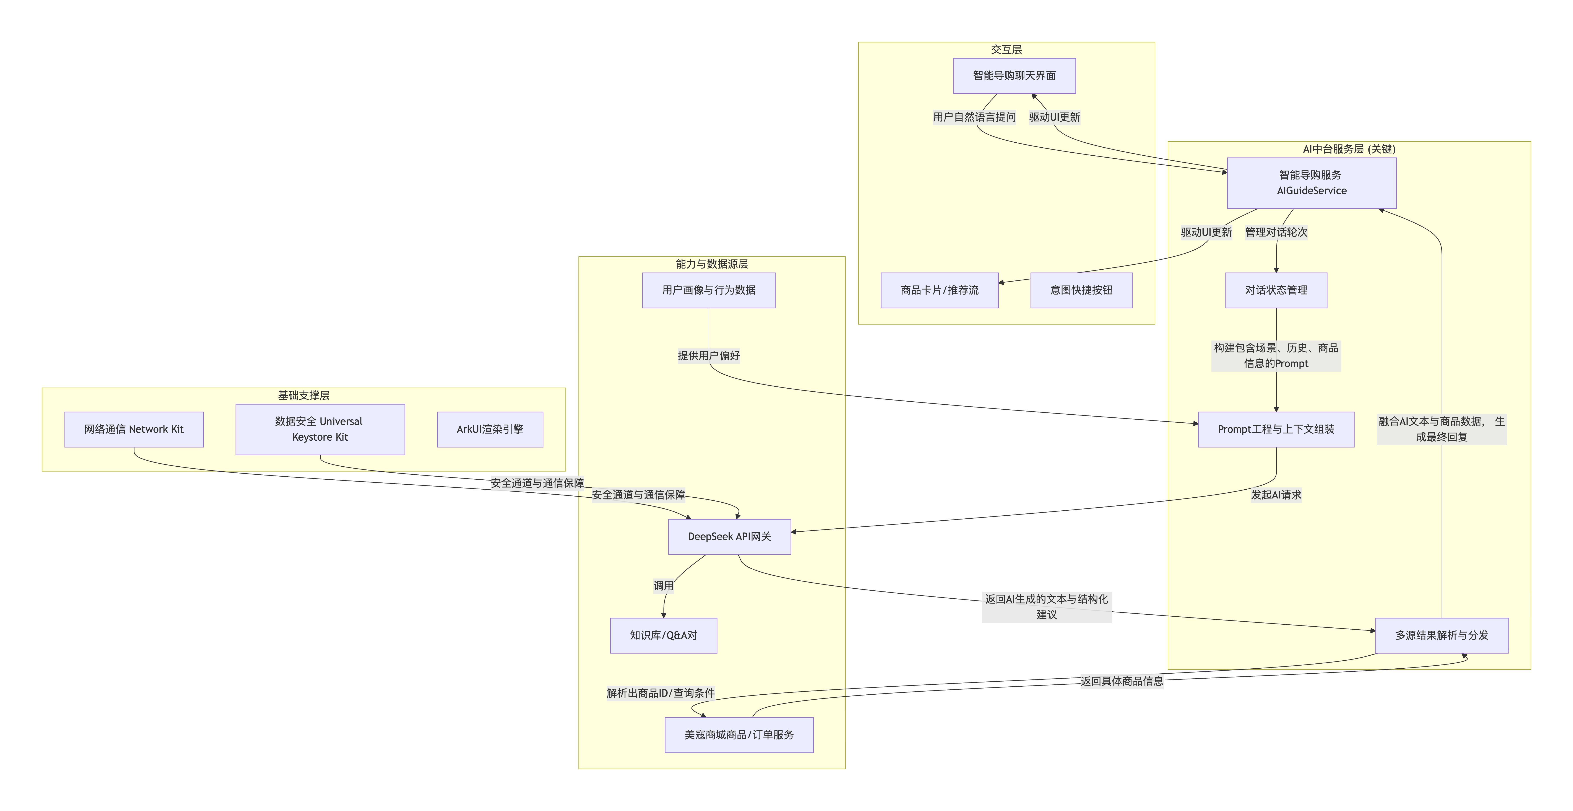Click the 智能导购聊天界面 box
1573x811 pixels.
point(1014,76)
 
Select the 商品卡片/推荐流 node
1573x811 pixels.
point(939,290)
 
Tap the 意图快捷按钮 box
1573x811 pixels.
point(1081,290)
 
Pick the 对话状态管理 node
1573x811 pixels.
point(1276,290)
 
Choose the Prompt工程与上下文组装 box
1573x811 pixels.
point(1276,429)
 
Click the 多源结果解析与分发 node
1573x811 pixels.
point(1441,635)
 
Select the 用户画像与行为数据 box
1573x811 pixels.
point(708,290)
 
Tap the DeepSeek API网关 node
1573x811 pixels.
point(729,536)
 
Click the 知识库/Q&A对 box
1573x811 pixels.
point(663,635)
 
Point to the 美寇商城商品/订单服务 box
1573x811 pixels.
point(739,735)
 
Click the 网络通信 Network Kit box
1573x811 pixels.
point(134,429)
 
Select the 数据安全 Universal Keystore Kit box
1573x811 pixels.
point(320,429)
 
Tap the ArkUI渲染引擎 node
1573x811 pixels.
point(490,429)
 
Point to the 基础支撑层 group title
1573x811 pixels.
point(304,395)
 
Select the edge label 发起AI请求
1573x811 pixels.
point(1276,495)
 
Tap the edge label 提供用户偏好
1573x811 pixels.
point(708,355)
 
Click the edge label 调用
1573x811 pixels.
point(663,586)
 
